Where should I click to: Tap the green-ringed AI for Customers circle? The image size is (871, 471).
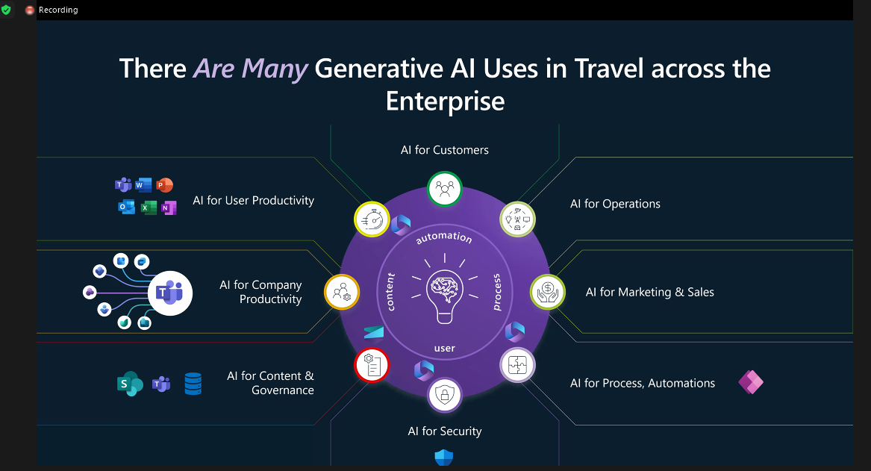pyautogui.click(x=444, y=189)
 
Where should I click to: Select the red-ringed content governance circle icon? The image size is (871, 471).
pyautogui.click(x=372, y=366)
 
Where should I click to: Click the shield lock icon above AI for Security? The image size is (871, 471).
pyautogui.click(x=444, y=395)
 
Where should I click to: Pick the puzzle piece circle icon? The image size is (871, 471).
pyautogui.click(x=517, y=365)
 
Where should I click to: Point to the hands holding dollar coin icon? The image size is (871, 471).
pyautogui.click(x=548, y=292)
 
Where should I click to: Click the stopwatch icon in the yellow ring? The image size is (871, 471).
pyautogui.click(x=372, y=219)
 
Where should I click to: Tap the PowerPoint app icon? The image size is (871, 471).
pyautogui.click(x=164, y=185)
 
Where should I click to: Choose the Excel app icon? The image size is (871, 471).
pyautogui.click(x=149, y=208)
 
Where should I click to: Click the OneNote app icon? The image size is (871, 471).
pyautogui.click(x=169, y=208)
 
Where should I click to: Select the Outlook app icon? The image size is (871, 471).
pyautogui.click(x=127, y=208)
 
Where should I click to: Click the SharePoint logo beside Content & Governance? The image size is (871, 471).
pyautogui.click(x=130, y=383)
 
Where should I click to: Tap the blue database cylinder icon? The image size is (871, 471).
pyautogui.click(x=193, y=384)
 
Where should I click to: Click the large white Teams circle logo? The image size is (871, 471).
pyautogui.click(x=170, y=293)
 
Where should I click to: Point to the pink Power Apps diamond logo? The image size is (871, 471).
pyautogui.click(x=751, y=382)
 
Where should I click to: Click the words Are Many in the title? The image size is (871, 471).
pyautogui.click(x=250, y=69)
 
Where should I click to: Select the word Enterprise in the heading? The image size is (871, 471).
pyautogui.click(x=445, y=101)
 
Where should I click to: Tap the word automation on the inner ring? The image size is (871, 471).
pyautogui.click(x=444, y=237)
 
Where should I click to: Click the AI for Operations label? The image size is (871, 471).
pyautogui.click(x=615, y=204)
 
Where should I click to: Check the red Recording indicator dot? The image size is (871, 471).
pyautogui.click(x=30, y=10)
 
